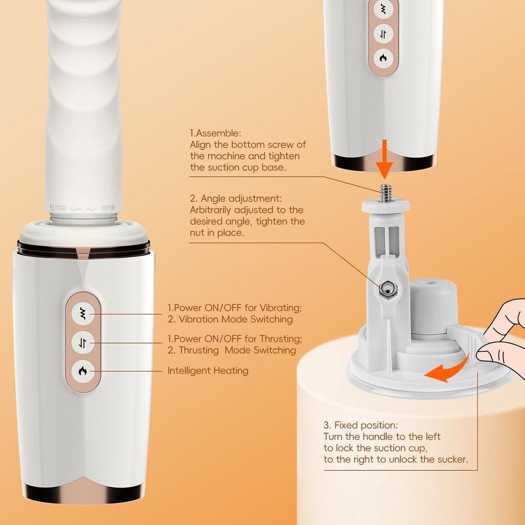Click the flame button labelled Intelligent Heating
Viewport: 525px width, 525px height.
[x=83, y=370]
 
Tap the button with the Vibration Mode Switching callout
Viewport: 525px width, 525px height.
[x=83, y=313]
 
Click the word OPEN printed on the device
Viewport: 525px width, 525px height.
[x=108, y=208]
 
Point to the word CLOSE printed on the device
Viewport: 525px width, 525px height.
[x=57, y=208]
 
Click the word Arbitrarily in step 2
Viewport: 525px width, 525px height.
[x=214, y=210]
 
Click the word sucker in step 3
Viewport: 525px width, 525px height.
[x=452, y=459]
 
